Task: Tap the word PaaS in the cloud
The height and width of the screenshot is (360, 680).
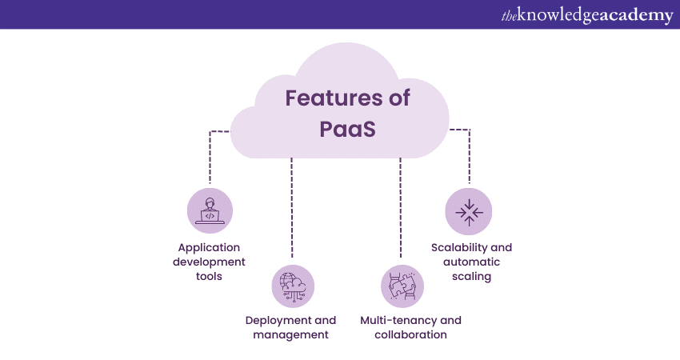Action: pyautogui.click(x=348, y=129)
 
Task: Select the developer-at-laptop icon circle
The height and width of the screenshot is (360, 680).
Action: pyautogui.click(x=210, y=211)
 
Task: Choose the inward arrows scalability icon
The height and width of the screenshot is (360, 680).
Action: pyautogui.click(x=469, y=211)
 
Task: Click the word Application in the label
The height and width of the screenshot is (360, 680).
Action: pyautogui.click(x=210, y=247)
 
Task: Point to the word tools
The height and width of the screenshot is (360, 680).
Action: pyautogui.click(x=210, y=276)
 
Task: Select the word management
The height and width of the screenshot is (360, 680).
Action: pyautogui.click(x=290, y=334)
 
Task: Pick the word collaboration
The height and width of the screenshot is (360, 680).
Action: pyautogui.click(x=410, y=334)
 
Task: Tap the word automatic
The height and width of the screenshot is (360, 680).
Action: pyautogui.click(x=471, y=262)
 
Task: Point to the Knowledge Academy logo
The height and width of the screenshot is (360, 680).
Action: pyautogui.click(x=587, y=15)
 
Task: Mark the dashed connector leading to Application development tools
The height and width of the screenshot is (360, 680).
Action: pyautogui.click(x=210, y=156)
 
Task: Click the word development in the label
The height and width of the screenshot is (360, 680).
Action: pyautogui.click(x=210, y=262)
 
